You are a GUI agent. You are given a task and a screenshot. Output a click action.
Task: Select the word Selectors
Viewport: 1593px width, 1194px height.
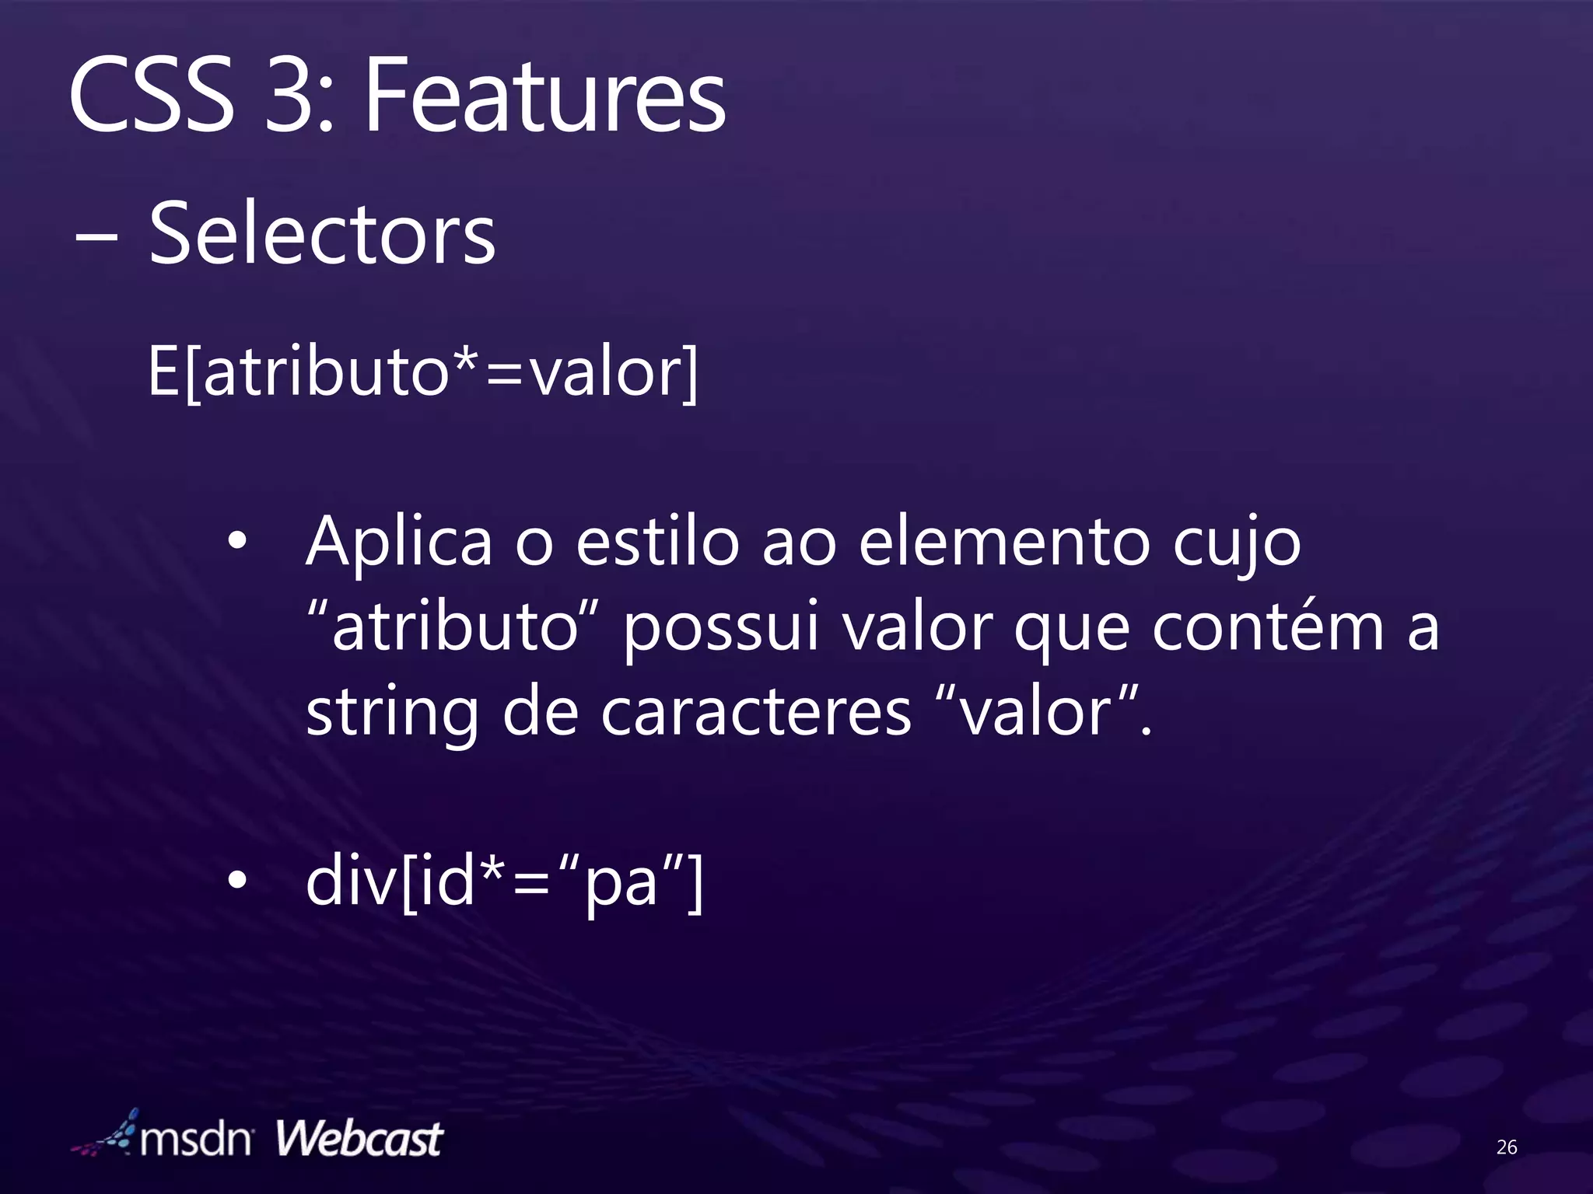pyautogui.click(x=321, y=233)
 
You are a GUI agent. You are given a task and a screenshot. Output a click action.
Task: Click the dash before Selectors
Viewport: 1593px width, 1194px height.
pyautogui.click(x=96, y=238)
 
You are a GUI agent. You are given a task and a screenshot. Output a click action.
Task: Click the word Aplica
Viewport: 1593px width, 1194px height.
pyautogui.click(x=399, y=543)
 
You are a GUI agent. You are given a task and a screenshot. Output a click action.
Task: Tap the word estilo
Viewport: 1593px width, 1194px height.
pyautogui.click(x=657, y=543)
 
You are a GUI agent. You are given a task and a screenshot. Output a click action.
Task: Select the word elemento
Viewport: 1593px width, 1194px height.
pyautogui.click(x=1003, y=543)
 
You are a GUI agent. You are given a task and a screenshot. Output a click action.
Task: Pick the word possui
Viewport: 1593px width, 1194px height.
pyautogui.click(x=721, y=628)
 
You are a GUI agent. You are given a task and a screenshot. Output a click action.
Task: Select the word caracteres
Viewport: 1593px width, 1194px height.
pyautogui.click(x=755, y=712)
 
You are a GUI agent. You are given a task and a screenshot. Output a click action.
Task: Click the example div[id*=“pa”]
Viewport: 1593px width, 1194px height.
pyautogui.click(x=504, y=882)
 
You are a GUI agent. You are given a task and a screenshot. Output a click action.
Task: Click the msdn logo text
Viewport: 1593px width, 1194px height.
pyautogui.click(x=194, y=1140)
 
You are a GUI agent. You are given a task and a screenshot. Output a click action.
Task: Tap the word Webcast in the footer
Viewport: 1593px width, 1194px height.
pyautogui.click(x=359, y=1140)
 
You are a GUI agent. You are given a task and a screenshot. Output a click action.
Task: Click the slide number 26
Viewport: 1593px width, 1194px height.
pyautogui.click(x=1506, y=1147)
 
